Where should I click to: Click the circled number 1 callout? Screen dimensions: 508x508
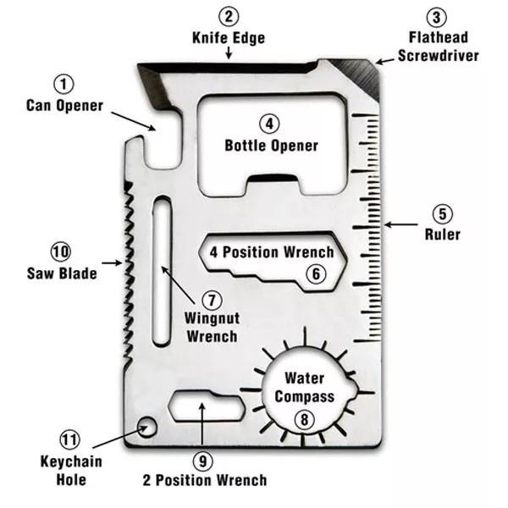click(64, 85)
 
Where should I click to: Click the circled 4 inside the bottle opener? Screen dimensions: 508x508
click(270, 124)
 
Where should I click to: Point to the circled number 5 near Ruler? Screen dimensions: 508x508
click(442, 213)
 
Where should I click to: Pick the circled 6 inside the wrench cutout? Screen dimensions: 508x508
click(314, 273)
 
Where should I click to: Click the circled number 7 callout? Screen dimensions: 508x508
click(211, 299)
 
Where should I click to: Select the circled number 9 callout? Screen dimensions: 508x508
click(202, 461)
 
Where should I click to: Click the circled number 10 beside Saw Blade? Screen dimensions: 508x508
click(61, 251)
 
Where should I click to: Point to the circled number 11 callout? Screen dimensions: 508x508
click(70, 440)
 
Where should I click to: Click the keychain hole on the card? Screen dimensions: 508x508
click(146, 426)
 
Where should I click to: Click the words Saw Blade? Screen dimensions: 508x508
click(61, 273)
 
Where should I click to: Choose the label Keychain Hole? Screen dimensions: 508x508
click(71, 471)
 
